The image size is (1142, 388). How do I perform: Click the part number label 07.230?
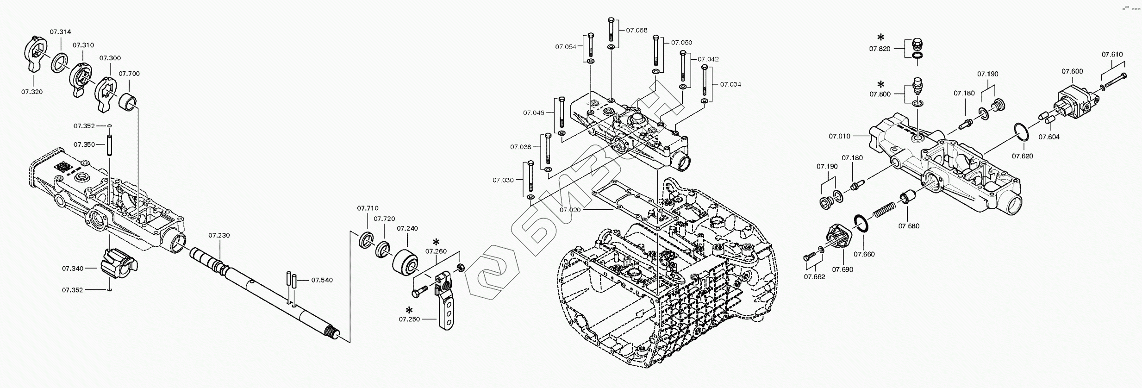point(219,235)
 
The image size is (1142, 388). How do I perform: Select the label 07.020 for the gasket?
point(570,210)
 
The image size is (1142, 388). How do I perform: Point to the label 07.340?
point(73,268)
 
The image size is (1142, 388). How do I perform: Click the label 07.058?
point(637,30)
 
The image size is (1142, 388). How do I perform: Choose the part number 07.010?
point(839,136)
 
